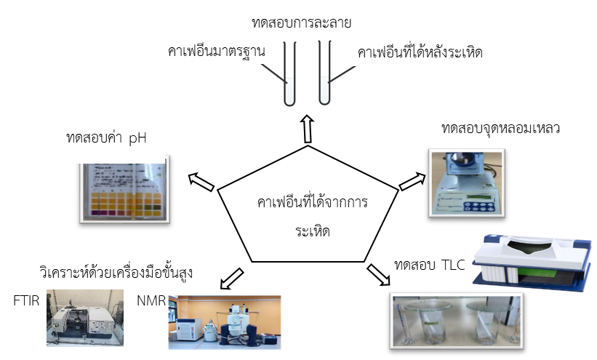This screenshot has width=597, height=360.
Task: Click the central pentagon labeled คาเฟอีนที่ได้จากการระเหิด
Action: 310,211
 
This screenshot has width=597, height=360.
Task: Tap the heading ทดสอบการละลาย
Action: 301,22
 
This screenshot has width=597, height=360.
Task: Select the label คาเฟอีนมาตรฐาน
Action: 216,52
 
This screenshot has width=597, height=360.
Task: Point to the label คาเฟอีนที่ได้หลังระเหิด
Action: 420,52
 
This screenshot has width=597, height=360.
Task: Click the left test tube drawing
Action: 289,73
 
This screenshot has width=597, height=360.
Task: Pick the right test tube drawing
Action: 324,73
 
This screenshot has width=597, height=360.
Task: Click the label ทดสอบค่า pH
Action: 106,137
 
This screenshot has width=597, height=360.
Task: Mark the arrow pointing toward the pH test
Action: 201,182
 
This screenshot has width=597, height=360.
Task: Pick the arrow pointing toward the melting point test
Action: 412,180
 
